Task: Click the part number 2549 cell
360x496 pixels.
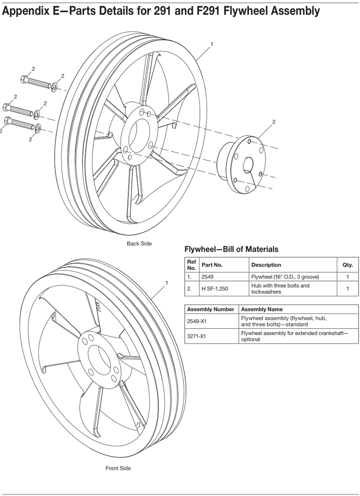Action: [x=208, y=277]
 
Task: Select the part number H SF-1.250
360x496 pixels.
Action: [x=215, y=289]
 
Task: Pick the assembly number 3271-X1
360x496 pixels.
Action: [x=197, y=336]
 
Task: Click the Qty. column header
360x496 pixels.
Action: [x=348, y=265]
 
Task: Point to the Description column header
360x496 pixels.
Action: [x=266, y=265]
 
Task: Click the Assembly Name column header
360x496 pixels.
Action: [x=262, y=309]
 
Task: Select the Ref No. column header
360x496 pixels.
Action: [x=191, y=265]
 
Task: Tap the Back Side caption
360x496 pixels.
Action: [x=139, y=243]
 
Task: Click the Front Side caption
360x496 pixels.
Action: [x=118, y=468]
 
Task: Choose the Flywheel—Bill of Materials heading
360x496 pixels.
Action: [x=231, y=249]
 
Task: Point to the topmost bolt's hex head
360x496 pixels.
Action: [x=24, y=80]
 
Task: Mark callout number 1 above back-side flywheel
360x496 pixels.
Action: [x=212, y=44]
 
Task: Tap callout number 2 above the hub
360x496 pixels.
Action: [x=274, y=122]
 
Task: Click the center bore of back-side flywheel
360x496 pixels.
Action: [x=138, y=134]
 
